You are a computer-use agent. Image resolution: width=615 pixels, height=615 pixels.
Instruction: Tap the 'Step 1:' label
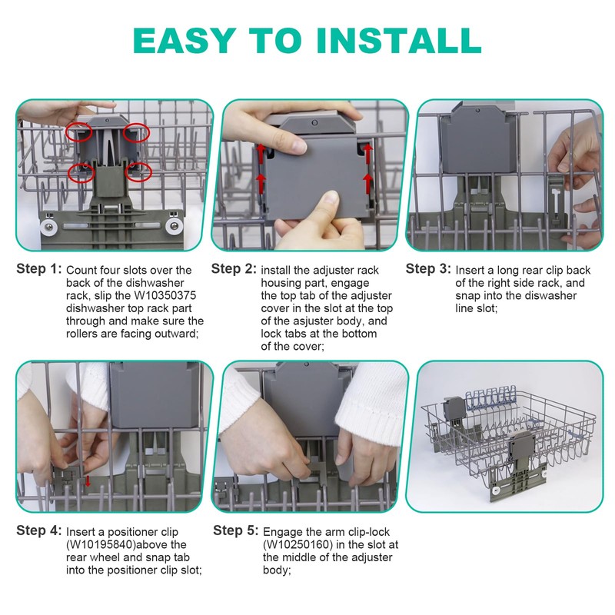click(x=39, y=269)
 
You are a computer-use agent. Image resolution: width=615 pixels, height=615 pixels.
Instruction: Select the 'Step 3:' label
click(x=428, y=269)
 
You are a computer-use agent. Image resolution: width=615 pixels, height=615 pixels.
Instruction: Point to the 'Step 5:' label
click(x=236, y=530)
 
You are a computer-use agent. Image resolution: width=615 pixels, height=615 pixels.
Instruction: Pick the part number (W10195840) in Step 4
click(x=100, y=545)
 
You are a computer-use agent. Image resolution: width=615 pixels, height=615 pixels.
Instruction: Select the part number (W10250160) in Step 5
click(x=298, y=545)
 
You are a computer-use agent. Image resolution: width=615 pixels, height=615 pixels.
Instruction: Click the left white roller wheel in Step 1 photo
click(x=49, y=227)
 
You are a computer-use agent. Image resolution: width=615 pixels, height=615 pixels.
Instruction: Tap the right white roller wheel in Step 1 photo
click(x=174, y=226)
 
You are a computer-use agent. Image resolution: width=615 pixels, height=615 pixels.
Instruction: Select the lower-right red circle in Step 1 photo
click(x=138, y=172)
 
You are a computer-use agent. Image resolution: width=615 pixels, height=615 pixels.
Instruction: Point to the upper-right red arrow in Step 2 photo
click(x=367, y=153)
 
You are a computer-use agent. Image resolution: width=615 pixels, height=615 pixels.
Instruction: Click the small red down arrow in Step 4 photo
click(x=88, y=482)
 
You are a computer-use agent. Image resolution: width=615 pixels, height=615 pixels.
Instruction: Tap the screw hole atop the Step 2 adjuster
click(x=314, y=123)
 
